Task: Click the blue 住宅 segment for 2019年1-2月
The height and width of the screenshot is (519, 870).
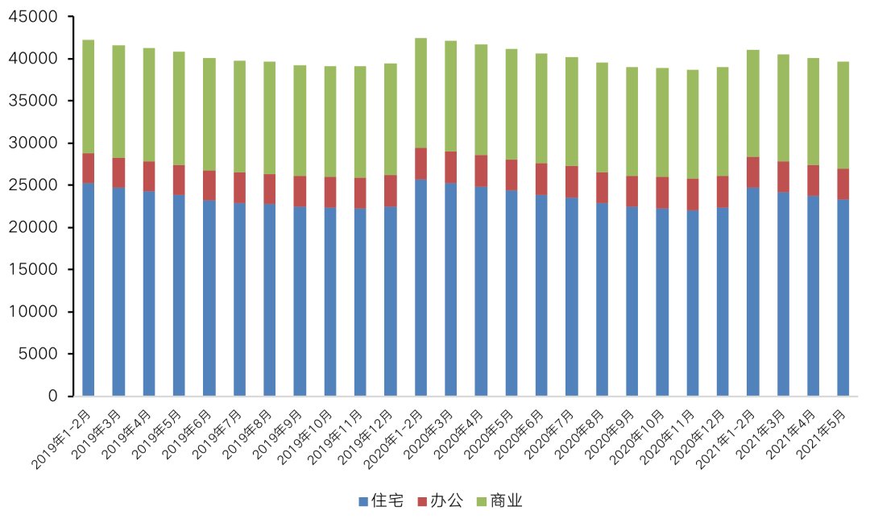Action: click(88, 289)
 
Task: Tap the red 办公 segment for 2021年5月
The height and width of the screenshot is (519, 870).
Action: click(843, 184)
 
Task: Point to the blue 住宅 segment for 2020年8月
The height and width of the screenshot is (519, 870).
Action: click(602, 299)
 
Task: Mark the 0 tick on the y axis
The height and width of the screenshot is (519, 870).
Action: click(53, 396)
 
